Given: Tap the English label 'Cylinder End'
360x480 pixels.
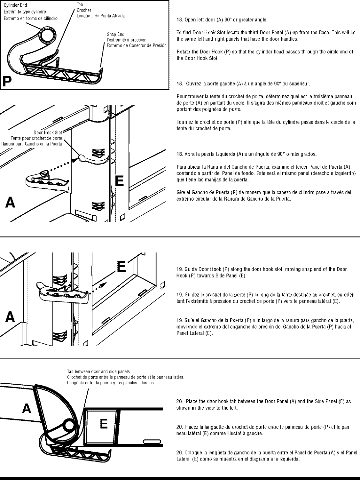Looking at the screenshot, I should [15, 5].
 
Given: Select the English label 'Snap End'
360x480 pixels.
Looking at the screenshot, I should [116, 35].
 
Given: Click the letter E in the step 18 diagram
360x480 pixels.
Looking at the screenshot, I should [119, 181].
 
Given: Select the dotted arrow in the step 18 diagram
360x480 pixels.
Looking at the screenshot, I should [67, 165].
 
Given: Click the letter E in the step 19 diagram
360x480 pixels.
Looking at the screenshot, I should [121, 266].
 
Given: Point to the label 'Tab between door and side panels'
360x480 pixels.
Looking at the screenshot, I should [98, 372].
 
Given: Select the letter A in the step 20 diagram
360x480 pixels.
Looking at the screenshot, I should [27, 408].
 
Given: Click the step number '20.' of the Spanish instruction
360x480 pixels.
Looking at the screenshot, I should [179, 452].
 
